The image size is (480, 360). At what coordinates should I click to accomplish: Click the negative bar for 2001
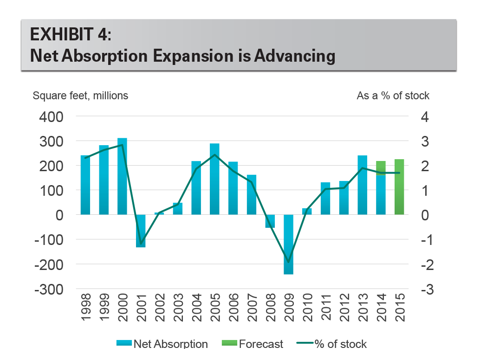(141, 231)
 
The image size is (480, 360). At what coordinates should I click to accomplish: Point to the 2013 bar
(362, 185)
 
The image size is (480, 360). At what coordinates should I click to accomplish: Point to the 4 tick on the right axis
(424, 116)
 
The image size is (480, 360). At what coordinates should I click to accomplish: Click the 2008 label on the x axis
(270, 308)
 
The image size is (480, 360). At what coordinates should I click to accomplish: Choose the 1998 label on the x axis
(86, 308)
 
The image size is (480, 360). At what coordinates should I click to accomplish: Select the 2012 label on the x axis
(344, 308)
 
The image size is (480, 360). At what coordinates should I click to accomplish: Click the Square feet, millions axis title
(80, 96)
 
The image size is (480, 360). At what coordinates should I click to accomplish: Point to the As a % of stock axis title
(393, 96)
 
